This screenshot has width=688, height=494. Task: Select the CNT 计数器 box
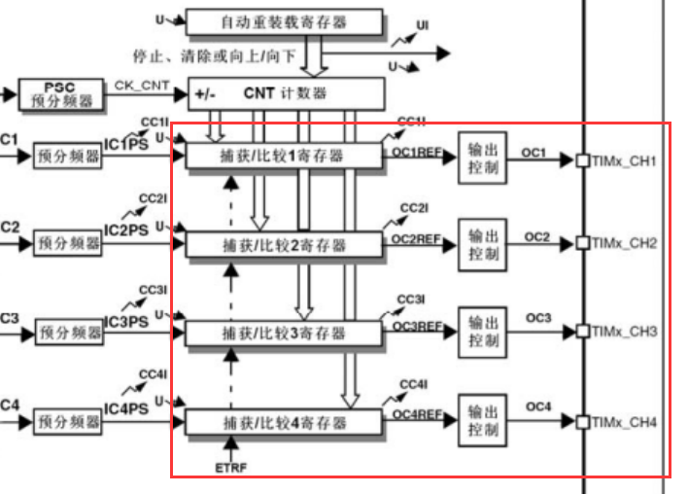pos(287,93)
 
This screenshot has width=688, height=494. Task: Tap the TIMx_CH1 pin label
pos(625,159)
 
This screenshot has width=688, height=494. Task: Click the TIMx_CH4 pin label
pos(625,422)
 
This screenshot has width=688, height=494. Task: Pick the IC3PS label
pos(126,322)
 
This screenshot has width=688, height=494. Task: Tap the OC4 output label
pos(537,406)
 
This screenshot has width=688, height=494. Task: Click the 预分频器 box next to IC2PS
pos(69,243)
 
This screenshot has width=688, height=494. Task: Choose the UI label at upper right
pos(423,23)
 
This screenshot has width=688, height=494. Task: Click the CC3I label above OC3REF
pos(411,299)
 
